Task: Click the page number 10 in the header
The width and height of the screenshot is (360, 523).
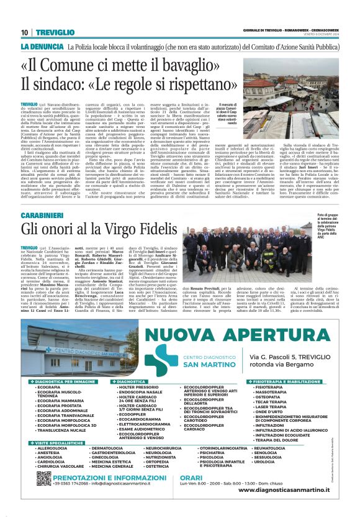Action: coord(24,32)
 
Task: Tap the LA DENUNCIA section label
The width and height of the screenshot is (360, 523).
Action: coord(43,47)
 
